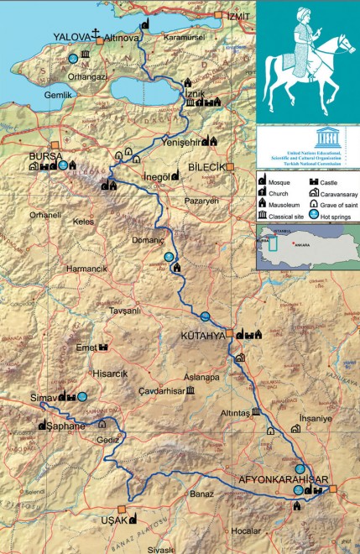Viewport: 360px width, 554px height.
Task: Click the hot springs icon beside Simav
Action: [x=82, y=396]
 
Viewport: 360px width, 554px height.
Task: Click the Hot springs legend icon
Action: [x=314, y=214]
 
